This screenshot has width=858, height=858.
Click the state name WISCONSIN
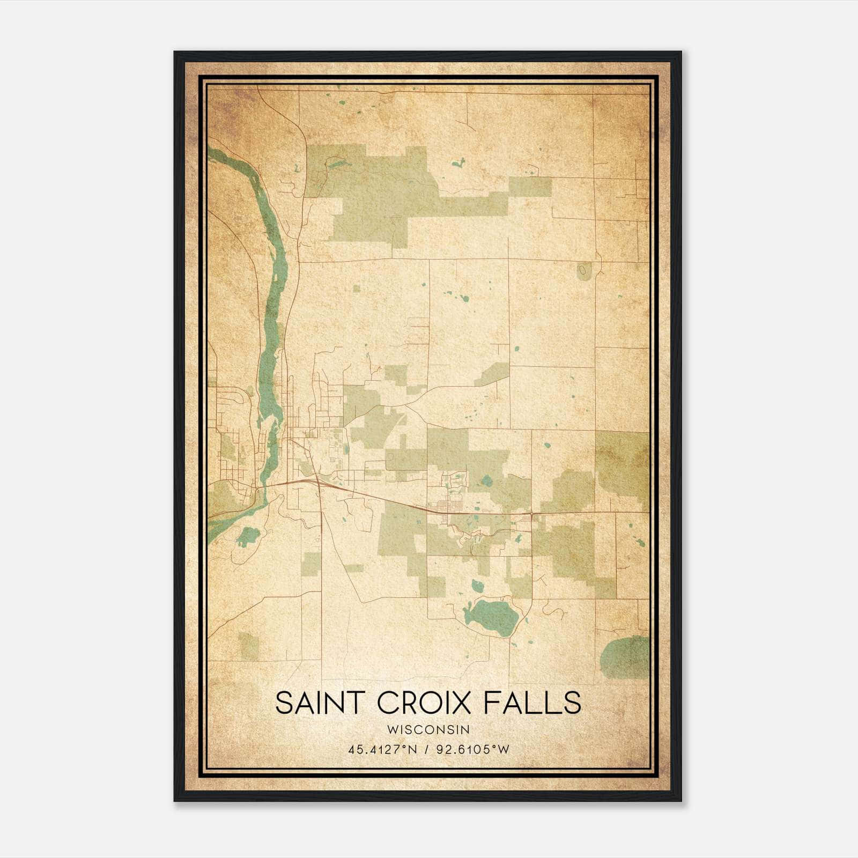tap(428, 730)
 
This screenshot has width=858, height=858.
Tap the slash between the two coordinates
tap(426, 750)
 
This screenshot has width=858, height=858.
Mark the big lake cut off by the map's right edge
tap(626, 657)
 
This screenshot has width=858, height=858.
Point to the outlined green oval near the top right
tap(583, 270)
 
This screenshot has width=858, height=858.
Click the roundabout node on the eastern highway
tap(531, 514)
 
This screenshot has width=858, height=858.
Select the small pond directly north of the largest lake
tap(476, 585)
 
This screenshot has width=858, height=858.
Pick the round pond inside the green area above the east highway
tap(487, 480)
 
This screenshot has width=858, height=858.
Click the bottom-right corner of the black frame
tap(681, 801)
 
